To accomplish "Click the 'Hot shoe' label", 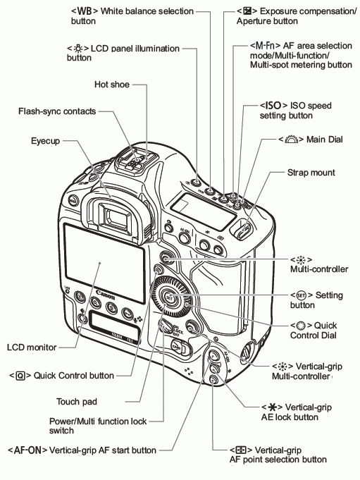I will [113, 84].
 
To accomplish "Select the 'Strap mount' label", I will [311, 172].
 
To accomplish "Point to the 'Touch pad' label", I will [76, 402].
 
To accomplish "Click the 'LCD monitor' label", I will [32, 347].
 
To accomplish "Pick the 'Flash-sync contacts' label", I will [57, 111].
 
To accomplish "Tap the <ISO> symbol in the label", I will [274, 105].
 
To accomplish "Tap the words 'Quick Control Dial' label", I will [313, 331].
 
